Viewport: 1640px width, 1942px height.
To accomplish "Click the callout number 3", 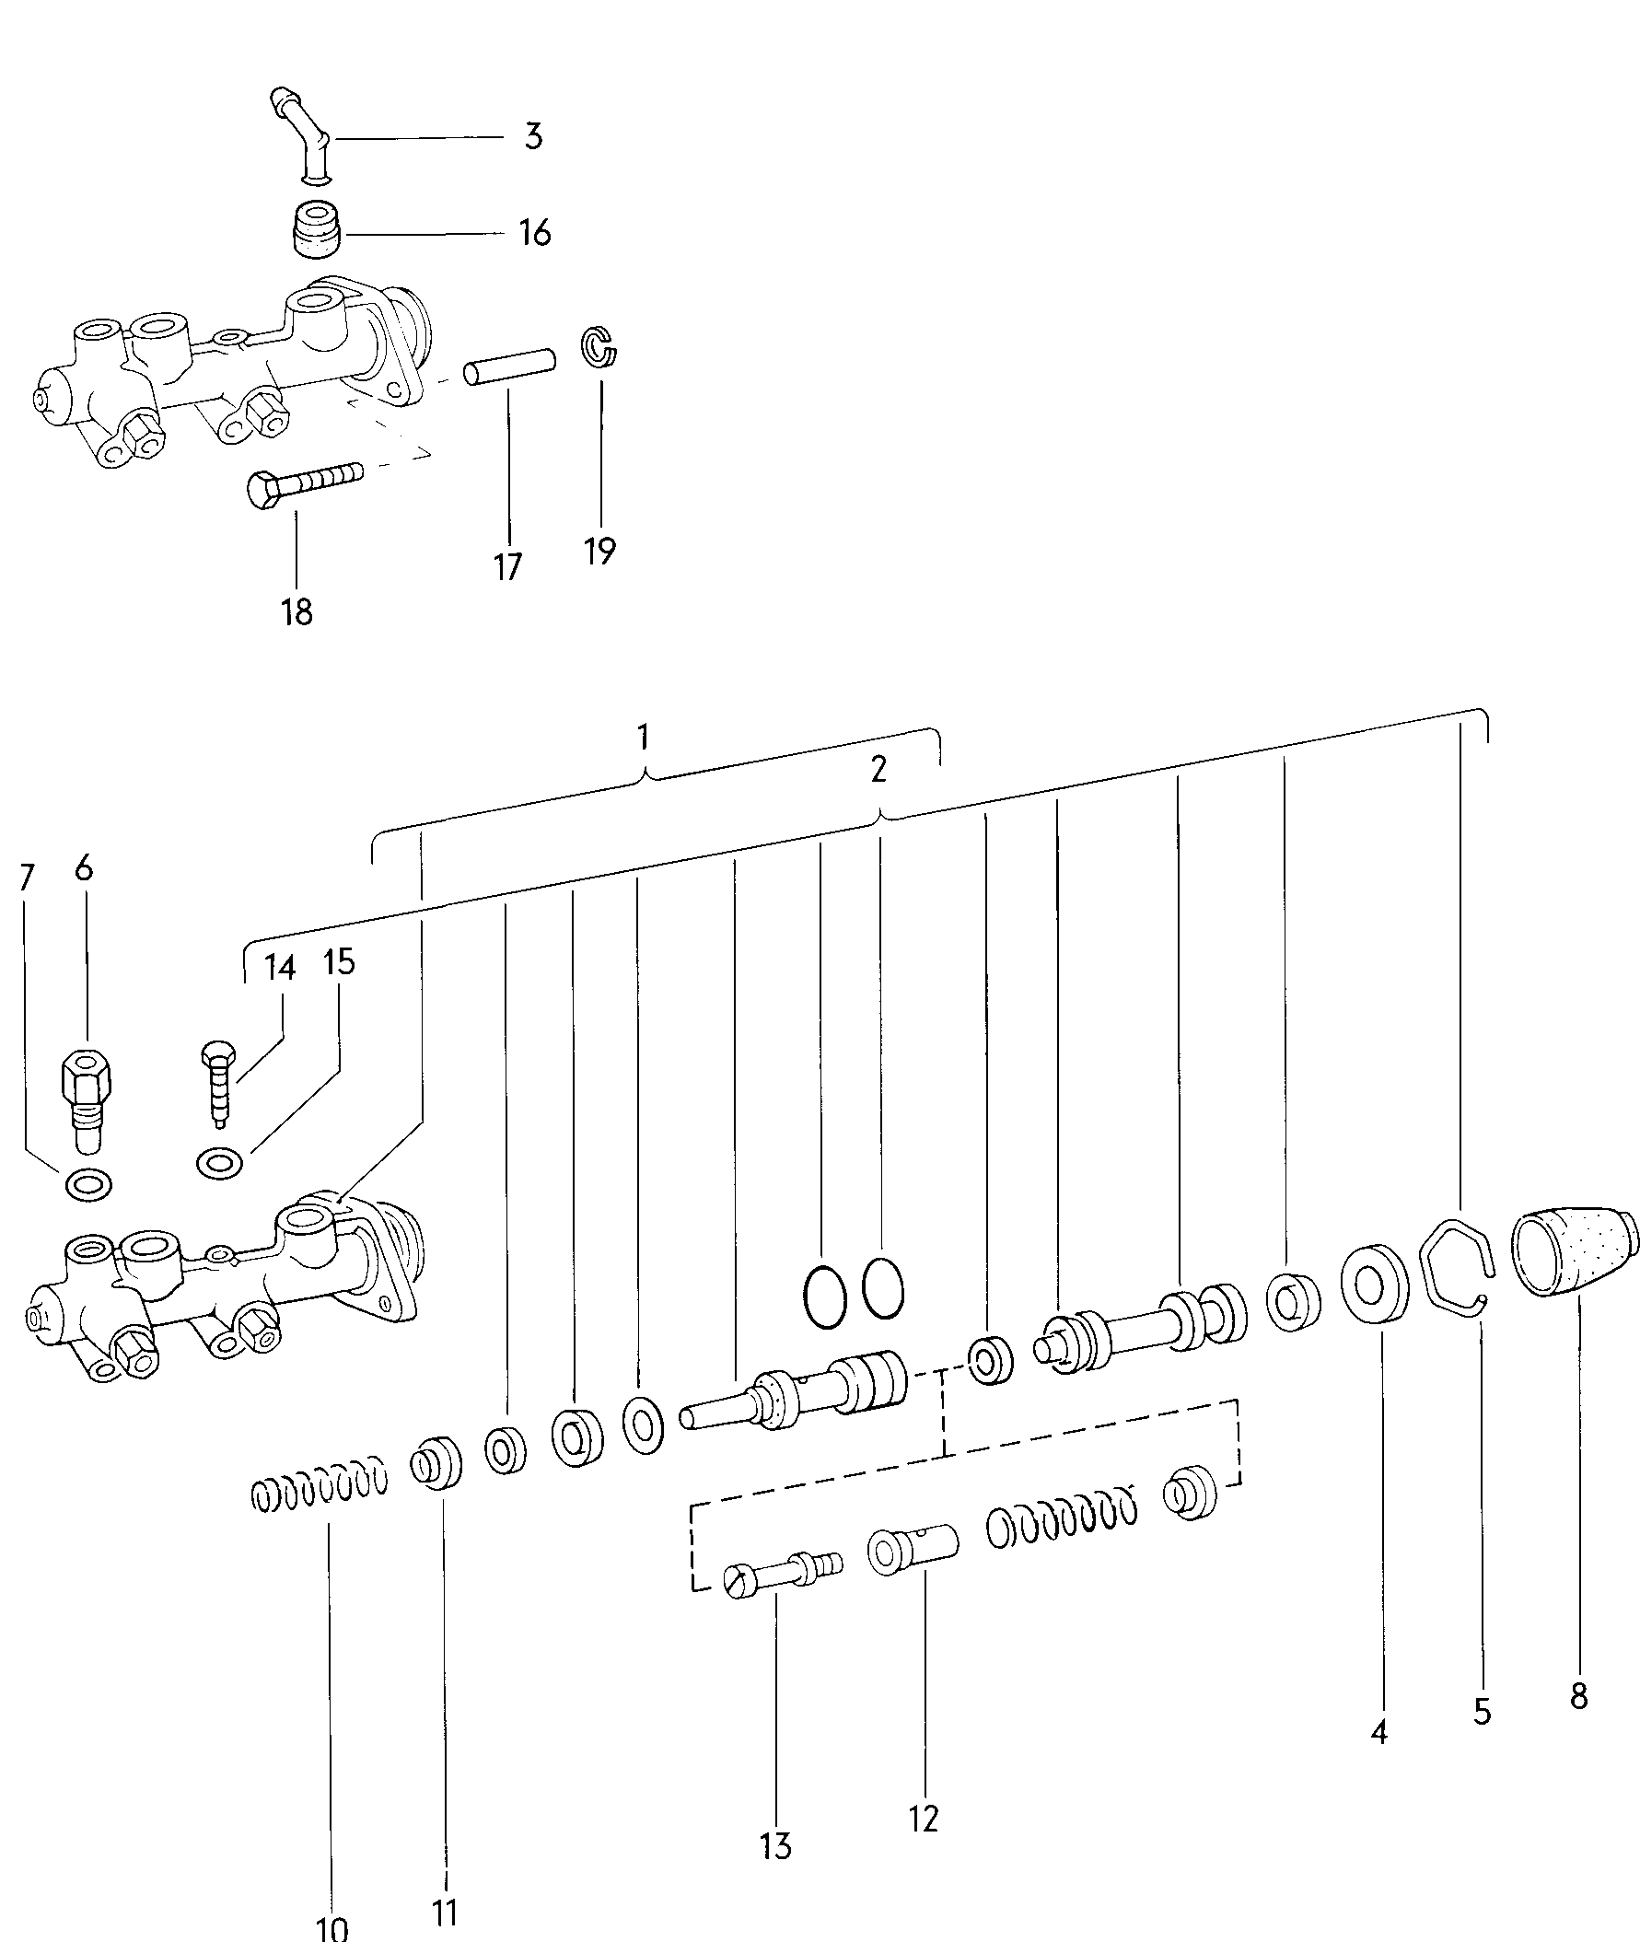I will click(x=533, y=136).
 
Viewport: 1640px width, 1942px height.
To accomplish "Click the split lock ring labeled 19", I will click(x=599, y=348).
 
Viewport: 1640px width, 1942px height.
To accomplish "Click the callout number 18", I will click(x=297, y=611).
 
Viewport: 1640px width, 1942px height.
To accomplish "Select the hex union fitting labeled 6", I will click(x=87, y=1098).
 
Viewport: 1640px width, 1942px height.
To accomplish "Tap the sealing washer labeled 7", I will click(x=89, y=1184).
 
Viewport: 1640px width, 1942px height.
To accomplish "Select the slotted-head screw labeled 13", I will click(x=783, y=1569).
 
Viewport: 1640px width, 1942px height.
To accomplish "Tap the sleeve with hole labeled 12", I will click(x=912, y=1549).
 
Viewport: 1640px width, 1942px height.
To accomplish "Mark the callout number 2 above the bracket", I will click(x=878, y=770).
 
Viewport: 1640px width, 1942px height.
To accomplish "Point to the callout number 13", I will click(x=775, y=1846).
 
